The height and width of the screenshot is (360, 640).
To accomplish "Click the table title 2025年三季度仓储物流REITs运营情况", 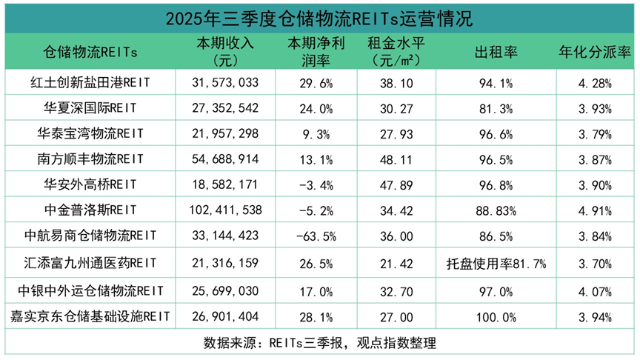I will pos(319,17).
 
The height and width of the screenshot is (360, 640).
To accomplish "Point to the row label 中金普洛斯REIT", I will pos(91,210).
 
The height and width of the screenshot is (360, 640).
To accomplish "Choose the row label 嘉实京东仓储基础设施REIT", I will pos(91,317).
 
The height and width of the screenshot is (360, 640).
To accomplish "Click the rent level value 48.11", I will pos(404,159).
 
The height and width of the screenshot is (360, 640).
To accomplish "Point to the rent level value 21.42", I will pos(404,264).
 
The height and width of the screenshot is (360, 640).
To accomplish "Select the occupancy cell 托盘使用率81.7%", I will pos(496,264).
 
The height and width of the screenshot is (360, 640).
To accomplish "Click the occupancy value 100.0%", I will pos(496,317).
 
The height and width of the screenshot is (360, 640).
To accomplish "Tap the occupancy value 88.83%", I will pos(496,210).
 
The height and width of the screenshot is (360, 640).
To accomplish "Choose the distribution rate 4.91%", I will pos(594,210).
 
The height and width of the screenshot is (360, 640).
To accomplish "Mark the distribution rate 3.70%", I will pos(594,264).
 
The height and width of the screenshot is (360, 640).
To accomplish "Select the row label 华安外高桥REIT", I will pos(91,184).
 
